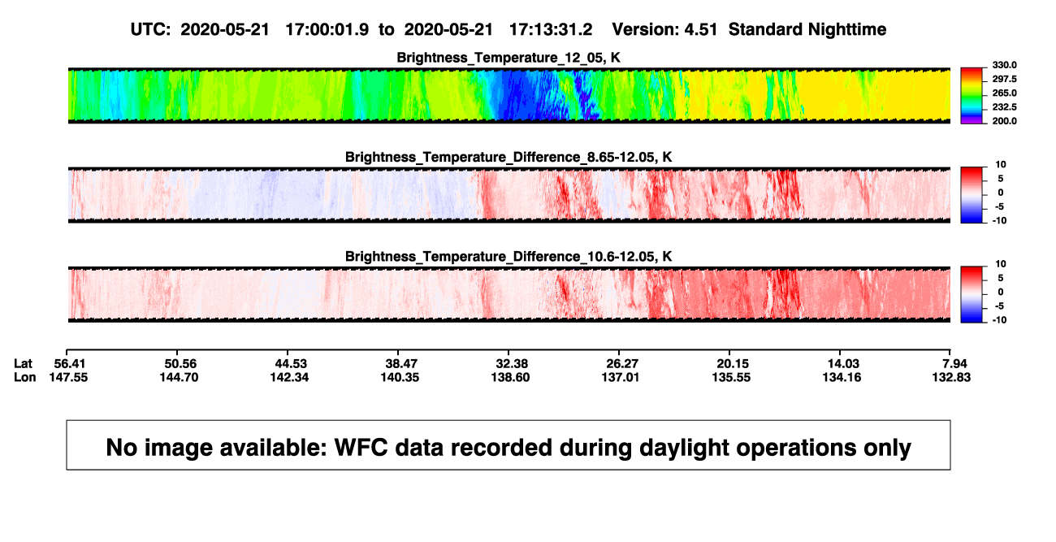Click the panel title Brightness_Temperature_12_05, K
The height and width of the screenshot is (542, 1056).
point(509,58)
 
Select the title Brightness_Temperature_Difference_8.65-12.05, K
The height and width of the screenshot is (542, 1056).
point(509,157)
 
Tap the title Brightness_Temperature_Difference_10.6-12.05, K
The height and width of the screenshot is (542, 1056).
point(509,257)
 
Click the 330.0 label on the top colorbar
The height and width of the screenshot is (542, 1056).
point(1004,65)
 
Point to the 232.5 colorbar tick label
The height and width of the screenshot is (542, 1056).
point(1004,107)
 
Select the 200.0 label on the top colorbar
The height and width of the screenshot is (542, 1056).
point(1004,121)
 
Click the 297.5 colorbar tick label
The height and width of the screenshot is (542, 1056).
point(1004,80)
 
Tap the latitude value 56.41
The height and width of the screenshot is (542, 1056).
point(69,364)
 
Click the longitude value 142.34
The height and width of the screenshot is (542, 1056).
point(289,377)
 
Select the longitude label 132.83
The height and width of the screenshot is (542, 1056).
point(951,377)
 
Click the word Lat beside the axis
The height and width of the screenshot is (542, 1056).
point(23,364)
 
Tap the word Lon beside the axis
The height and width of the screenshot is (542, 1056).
point(25,377)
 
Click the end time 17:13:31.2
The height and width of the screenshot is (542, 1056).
point(551,29)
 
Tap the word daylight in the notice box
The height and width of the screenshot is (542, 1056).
point(682,448)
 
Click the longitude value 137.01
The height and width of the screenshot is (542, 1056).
point(620,377)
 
